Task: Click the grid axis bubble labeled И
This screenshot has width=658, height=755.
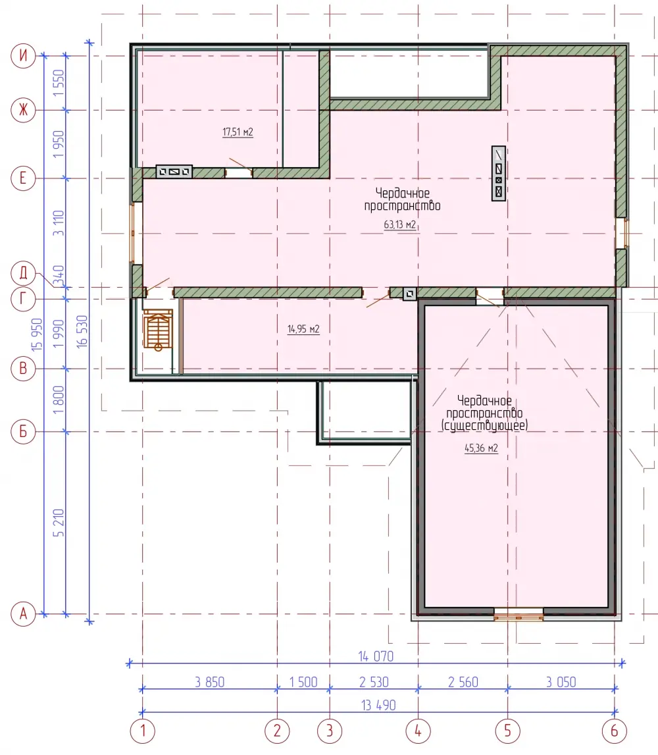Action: [x=23, y=56]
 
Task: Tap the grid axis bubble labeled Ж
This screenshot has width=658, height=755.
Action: [x=23, y=111]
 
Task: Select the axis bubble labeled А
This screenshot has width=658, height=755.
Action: [x=23, y=614]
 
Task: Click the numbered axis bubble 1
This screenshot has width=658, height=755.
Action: [x=143, y=731]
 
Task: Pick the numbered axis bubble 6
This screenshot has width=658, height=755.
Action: [x=614, y=731]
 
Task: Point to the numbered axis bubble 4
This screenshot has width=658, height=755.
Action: [x=418, y=731]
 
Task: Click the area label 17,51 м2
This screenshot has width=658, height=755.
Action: [x=238, y=132]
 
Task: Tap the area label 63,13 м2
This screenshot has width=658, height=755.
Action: [x=399, y=224]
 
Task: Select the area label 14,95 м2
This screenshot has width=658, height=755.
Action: [x=303, y=329]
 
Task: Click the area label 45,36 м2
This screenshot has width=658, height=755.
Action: [x=481, y=448]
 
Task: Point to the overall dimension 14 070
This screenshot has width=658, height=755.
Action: [x=376, y=656]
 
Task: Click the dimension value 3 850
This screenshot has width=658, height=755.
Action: [x=209, y=683]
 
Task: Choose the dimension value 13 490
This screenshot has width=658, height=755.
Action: [x=378, y=706]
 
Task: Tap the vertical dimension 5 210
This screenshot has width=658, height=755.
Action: [x=59, y=523]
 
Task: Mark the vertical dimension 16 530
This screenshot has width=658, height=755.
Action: [x=82, y=331]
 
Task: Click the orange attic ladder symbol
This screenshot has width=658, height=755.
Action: [x=158, y=330]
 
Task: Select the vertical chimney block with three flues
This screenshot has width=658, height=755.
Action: [x=499, y=173]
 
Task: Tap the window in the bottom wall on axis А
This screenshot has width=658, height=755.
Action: [x=519, y=614]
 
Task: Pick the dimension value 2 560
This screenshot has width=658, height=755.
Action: [x=463, y=683]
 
